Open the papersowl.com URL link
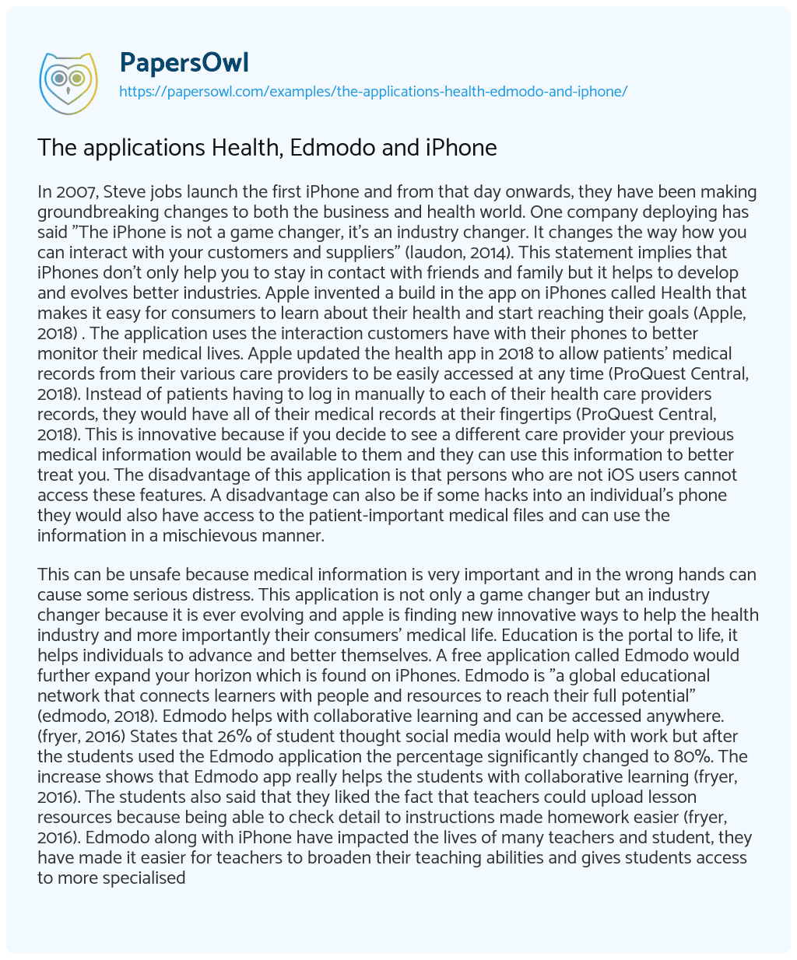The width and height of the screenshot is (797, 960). click(x=373, y=91)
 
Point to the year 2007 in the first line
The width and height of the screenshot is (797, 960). click(x=72, y=192)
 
